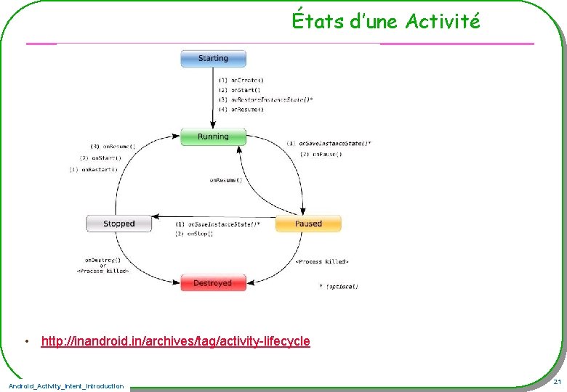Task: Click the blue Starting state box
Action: click(x=213, y=59)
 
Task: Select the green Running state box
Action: click(x=213, y=136)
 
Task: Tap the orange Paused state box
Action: click(x=308, y=224)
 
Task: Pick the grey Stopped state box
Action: click(x=119, y=224)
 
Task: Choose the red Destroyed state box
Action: click(x=213, y=283)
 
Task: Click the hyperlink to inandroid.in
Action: click(x=175, y=341)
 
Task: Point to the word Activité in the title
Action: click(x=443, y=21)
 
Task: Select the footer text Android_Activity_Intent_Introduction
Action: click(x=67, y=385)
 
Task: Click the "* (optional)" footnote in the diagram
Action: click(x=339, y=287)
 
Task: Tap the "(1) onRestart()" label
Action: click(x=93, y=169)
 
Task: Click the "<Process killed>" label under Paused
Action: click(x=322, y=261)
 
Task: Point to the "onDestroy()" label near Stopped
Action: click(x=102, y=259)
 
